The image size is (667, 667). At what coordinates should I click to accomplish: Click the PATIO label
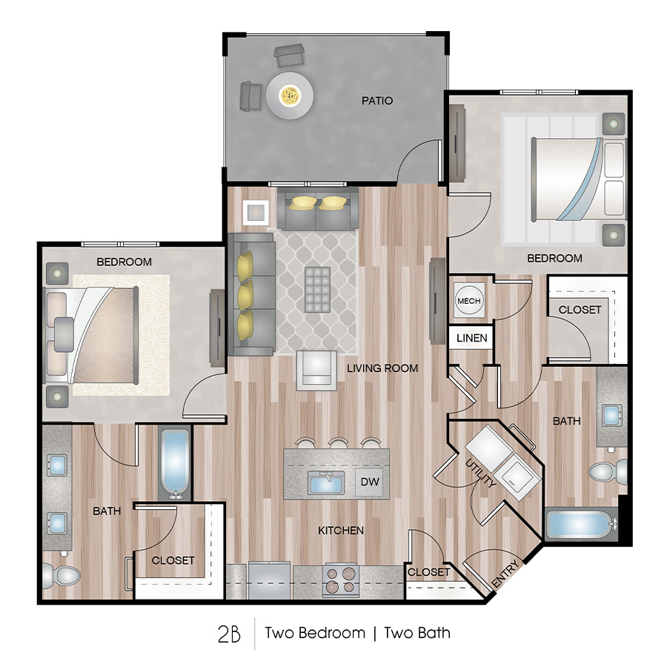[378, 100]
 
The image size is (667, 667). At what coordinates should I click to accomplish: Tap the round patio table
[289, 95]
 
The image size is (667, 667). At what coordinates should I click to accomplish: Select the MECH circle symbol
[468, 301]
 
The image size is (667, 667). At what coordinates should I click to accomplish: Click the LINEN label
[472, 338]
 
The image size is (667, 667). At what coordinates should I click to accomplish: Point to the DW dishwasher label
[370, 482]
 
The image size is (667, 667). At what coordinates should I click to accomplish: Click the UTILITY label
[481, 474]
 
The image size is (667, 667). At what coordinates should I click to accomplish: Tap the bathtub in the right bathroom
[581, 525]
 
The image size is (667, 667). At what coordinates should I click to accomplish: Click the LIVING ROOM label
[382, 368]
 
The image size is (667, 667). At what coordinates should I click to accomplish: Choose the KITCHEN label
[341, 531]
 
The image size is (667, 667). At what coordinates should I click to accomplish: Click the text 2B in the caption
[230, 634]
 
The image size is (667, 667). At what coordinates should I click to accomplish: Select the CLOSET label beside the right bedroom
[580, 310]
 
